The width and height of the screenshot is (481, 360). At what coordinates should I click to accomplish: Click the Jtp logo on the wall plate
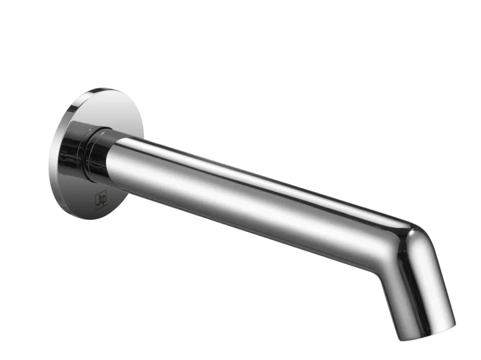(100, 201)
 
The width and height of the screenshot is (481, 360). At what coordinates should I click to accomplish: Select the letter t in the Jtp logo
(100, 201)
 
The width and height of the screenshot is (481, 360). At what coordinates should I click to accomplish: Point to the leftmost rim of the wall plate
(51, 155)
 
